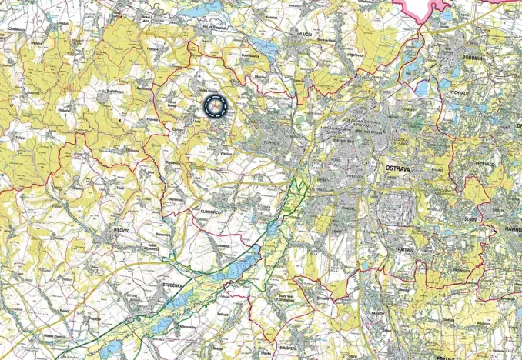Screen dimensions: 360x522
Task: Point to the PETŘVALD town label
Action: tap(484, 164)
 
